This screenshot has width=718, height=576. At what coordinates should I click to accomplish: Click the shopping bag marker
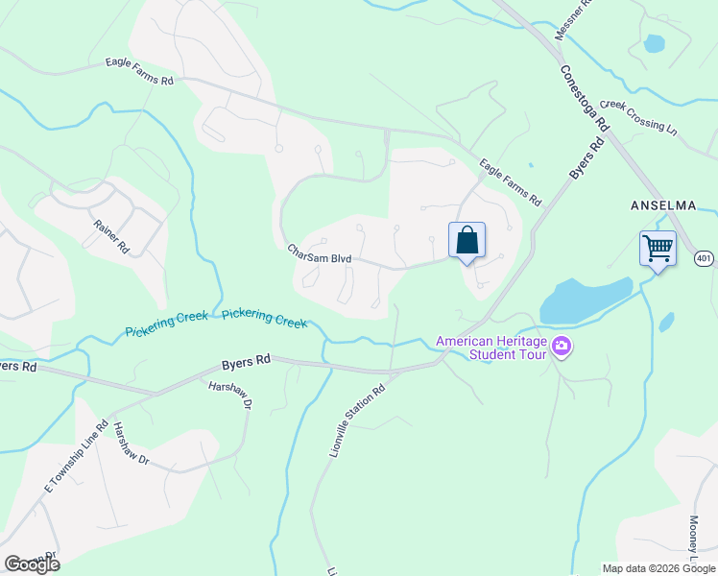(x=467, y=241)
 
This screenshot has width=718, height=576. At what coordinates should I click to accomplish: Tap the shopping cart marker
(x=658, y=249)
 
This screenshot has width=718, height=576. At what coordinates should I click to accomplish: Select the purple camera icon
(x=562, y=348)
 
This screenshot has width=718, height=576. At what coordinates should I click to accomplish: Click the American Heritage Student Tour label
(x=492, y=348)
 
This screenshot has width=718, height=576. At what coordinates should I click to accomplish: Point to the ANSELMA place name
(x=661, y=205)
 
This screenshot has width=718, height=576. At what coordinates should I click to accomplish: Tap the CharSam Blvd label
(x=320, y=253)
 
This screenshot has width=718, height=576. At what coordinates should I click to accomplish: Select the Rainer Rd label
(x=111, y=235)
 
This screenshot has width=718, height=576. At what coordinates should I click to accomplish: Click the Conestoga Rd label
(x=586, y=98)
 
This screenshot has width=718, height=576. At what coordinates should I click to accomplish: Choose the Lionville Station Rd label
(x=357, y=420)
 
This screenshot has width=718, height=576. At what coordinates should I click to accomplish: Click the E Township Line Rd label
(x=73, y=457)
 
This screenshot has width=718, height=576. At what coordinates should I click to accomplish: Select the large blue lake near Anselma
(x=584, y=300)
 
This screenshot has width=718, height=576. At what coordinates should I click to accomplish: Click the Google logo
(x=32, y=564)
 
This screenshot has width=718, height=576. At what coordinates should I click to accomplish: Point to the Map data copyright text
(x=658, y=568)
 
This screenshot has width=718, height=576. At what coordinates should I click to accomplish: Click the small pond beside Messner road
(x=654, y=43)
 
